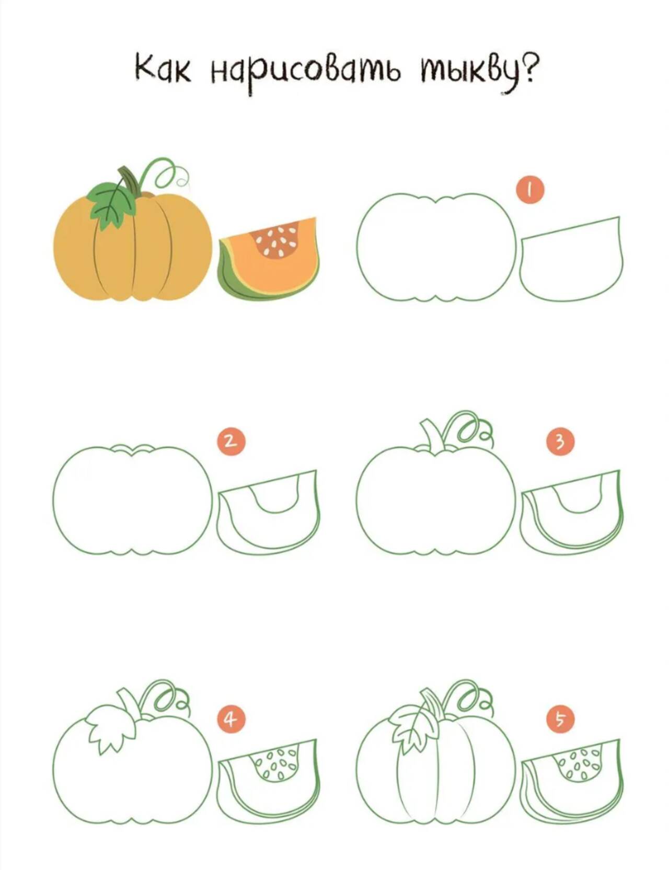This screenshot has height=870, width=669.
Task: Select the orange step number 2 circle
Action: click(x=230, y=442)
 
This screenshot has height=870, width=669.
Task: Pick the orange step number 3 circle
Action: click(x=560, y=442)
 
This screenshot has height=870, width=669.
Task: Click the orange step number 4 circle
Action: click(x=230, y=719)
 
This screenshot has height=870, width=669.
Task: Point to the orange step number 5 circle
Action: click(x=560, y=719)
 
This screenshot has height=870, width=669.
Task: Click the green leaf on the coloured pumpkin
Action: click(x=112, y=205)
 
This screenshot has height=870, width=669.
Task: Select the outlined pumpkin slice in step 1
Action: click(x=571, y=259)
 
